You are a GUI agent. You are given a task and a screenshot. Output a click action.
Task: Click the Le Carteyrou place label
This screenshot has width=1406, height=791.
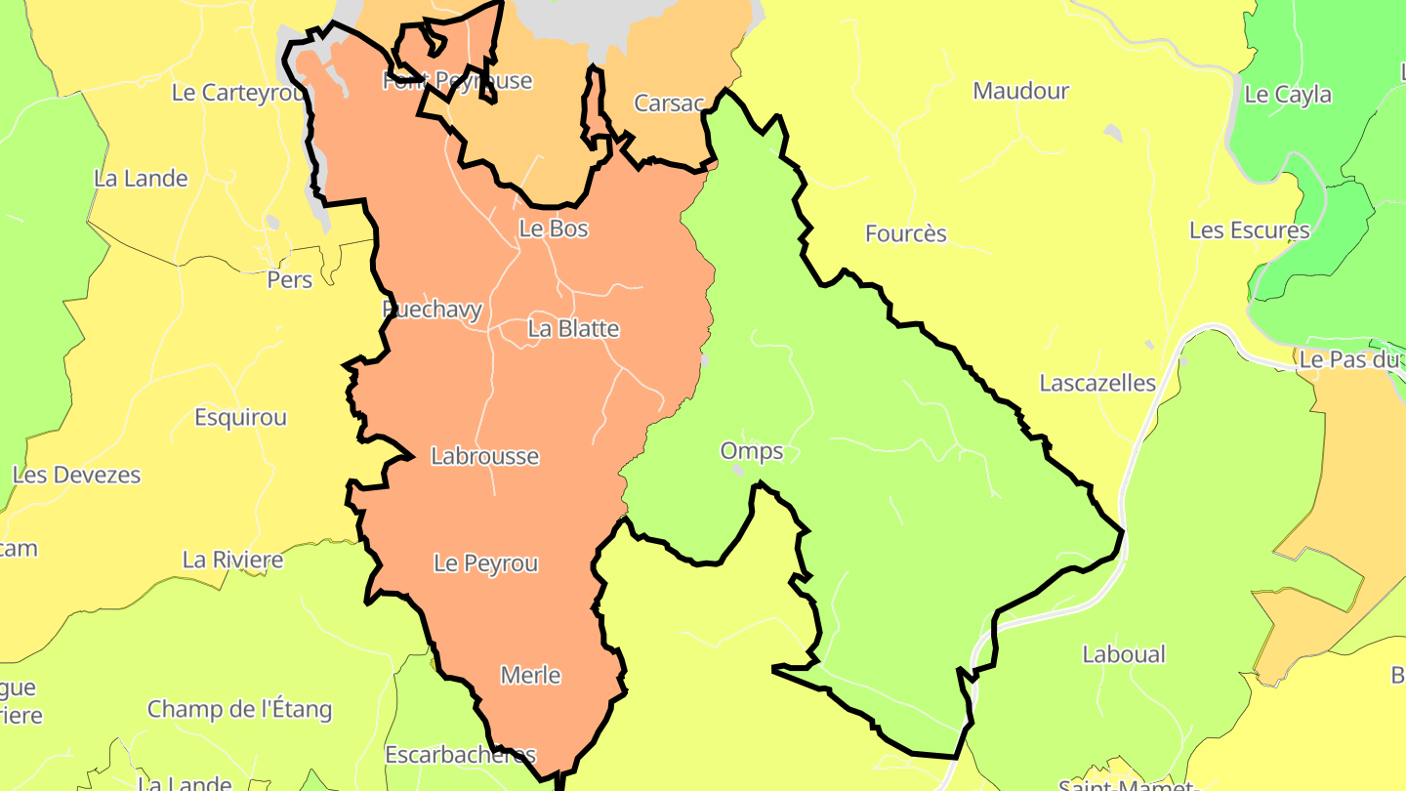[239, 92]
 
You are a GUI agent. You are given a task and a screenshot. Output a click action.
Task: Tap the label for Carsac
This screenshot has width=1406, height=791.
[669, 103]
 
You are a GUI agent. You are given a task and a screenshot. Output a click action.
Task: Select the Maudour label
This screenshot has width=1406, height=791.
[1021, 91]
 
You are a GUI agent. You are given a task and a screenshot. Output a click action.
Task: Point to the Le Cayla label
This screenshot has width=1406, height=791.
[1289, 95]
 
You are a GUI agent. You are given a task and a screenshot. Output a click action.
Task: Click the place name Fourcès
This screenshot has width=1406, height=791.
[906, 233]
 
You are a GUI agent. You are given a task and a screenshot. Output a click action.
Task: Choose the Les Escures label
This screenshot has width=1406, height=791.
[1250, 230]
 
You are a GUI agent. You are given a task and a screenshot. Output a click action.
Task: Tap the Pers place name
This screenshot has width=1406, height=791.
[290, 280]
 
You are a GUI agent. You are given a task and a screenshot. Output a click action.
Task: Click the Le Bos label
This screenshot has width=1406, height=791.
[554, 229]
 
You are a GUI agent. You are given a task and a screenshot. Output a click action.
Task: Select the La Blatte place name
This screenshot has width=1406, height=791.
[573, 328]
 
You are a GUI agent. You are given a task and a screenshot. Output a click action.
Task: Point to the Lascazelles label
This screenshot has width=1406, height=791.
[1097, 383]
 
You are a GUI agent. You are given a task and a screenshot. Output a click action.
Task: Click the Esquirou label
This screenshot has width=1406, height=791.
[240, 417]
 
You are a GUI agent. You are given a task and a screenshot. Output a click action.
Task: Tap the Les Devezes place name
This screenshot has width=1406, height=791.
[77, 476]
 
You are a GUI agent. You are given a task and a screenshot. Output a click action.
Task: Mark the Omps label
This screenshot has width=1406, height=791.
[752, 451]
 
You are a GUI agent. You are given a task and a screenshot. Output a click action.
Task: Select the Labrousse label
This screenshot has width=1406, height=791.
[484, 456]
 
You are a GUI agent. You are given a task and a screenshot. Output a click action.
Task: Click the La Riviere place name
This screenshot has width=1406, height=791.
[232, 560]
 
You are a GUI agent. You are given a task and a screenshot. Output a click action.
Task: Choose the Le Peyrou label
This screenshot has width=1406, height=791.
[486, 563]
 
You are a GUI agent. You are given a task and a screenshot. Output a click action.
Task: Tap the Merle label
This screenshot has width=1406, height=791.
[530, 675]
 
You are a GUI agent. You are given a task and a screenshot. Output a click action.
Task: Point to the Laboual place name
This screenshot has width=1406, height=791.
[1124, 654]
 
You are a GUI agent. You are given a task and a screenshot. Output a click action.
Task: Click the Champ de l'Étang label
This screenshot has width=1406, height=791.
[240, 709]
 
